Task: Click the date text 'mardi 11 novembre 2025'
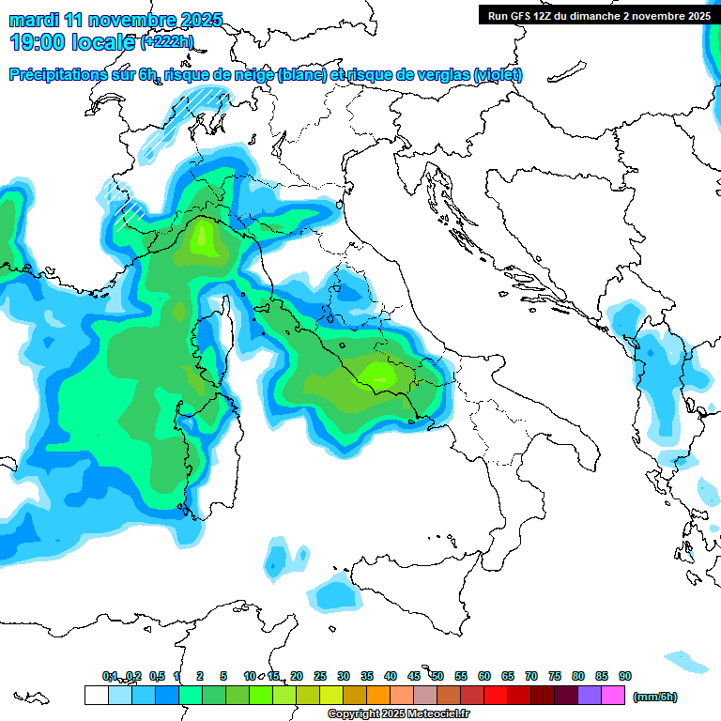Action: pyautogui.click(x=116, y=20)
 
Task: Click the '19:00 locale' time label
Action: pyautogui.click(x=73, y=41)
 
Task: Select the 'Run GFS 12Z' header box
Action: pyautogui.click(x=595, y=16)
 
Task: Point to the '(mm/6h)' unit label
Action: pyautogui.click(x=654, y=697)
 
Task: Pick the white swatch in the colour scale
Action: pyautogui.click(x=96, y=696)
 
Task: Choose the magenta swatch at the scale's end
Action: pyautogui.click(x=613, y=696)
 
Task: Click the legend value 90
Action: pyautogui.click(x=625, y=676)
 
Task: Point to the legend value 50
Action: pyautogui.click(x=437, y=676)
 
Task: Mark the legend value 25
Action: pyautogui.click(x=320, y=676)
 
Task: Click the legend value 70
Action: pyautogui.click(x=531, y=676)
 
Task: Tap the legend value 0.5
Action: pyautogui.click(x=157, y=676)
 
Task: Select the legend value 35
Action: pyautogui.click(x=367, y=676)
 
